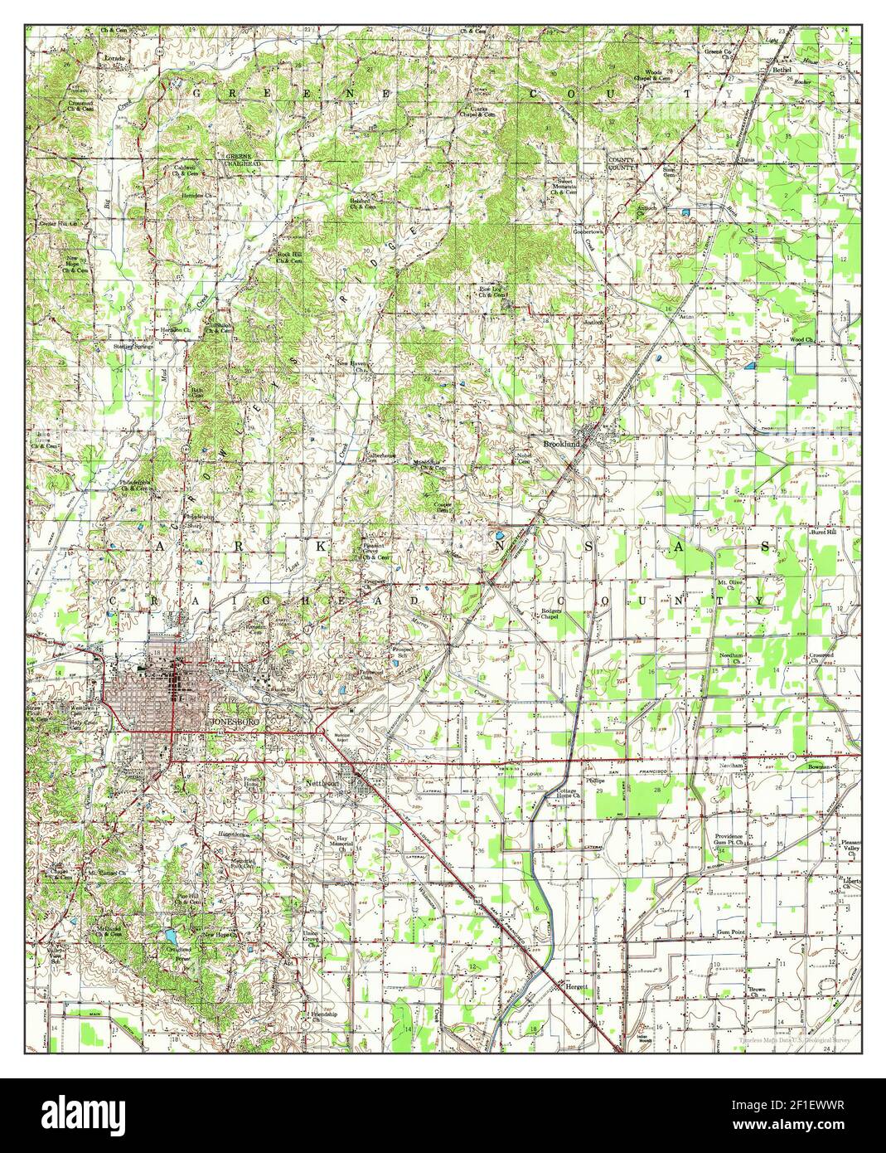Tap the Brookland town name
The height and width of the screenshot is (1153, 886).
tap(562, 444)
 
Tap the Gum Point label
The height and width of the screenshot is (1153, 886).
tap(730, 932)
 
